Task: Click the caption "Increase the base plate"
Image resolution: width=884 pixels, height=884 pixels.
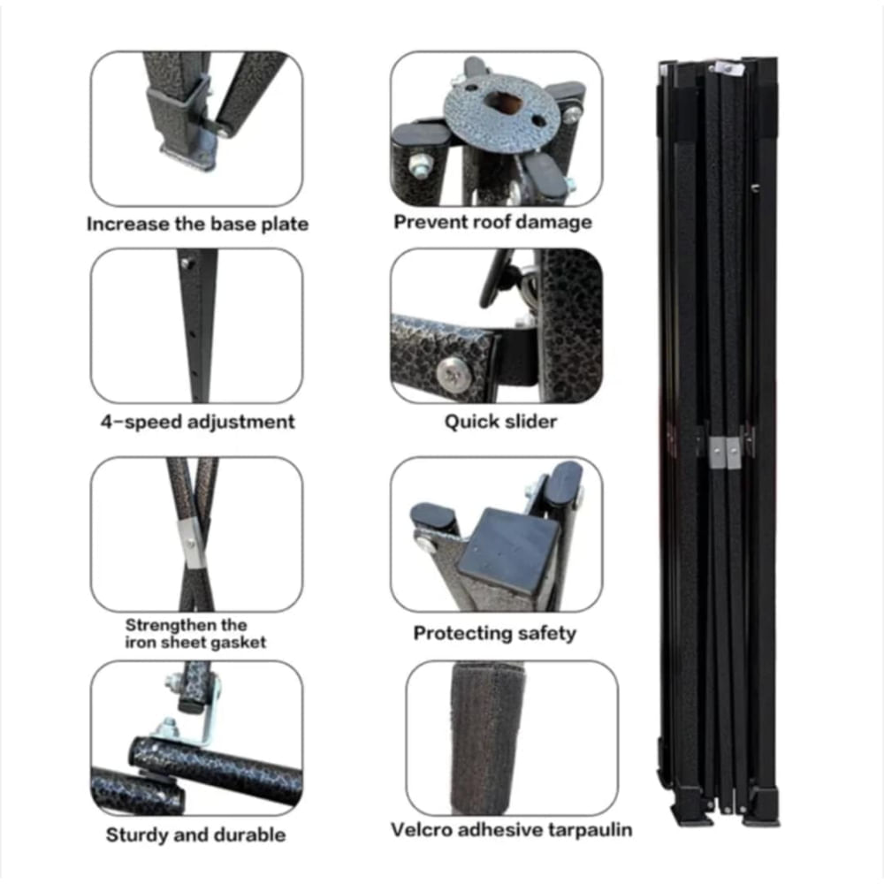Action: pos(197,225)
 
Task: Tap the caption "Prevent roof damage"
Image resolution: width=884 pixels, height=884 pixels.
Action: pos(492,222)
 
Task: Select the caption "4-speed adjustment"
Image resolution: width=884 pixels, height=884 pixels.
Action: pos(197,422)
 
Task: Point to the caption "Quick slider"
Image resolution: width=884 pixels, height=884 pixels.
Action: pos(500,421)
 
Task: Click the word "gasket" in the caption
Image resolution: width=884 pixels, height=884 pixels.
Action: pos(236,642)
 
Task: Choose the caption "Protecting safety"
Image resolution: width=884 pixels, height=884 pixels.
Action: pos(494,633)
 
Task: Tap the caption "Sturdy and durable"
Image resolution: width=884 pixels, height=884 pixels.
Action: pos(195,834)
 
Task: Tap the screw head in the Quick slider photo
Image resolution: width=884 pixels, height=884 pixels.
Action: pos(453,373)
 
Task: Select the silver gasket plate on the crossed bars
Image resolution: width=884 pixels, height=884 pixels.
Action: pos(191,544)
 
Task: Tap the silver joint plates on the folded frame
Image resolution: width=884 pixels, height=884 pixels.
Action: pos(725,452)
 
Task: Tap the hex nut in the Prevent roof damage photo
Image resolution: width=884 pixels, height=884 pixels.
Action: pos(418,164)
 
